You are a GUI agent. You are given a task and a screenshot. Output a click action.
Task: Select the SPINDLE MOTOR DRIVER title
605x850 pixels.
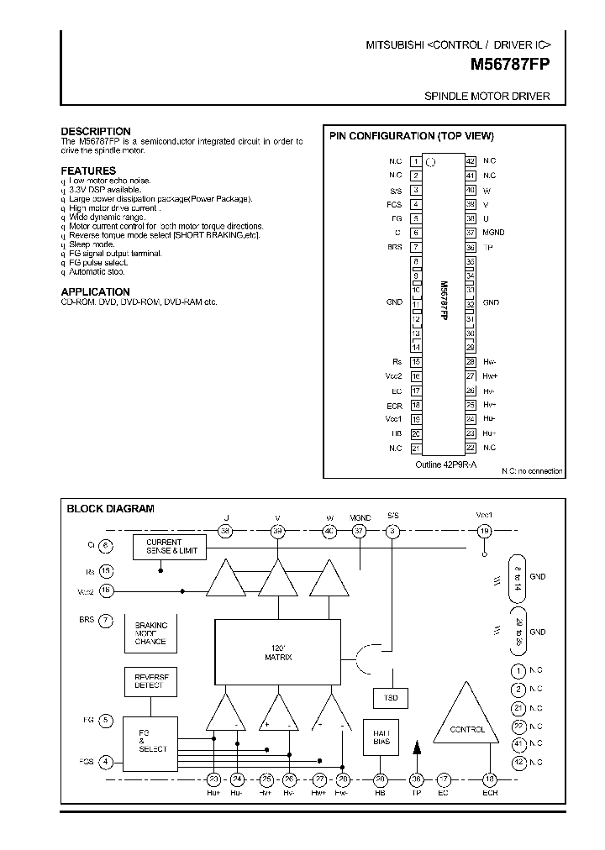pyautogui.click(x=487, y=97)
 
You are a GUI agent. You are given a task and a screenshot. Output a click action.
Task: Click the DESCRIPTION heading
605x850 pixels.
pyautogui.click(x=96, y=131)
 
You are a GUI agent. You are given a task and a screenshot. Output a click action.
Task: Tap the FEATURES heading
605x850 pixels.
pyautogui.click(x=88, y=171)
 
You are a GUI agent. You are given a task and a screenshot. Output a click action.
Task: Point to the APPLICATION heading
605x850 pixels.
pyautogui.click(x=95, y=292)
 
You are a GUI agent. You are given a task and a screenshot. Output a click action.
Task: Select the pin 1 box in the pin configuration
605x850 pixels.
pyautogui.click(x=415, y=161)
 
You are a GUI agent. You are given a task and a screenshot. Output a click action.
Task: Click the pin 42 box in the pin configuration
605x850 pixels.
pyautogui.click(x=471, y=161)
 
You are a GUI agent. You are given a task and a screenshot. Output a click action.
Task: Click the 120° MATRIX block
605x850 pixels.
pyautogui.click(x=278, y=652)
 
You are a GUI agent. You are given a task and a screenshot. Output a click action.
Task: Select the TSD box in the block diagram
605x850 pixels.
pyautogui.click(x=390, y=698)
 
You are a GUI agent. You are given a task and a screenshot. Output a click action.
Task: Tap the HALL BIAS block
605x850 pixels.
pyautogui.click(x=380, y=737)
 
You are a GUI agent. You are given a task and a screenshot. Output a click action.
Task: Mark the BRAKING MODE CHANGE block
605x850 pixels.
pyautogui.click(x=150, y=633)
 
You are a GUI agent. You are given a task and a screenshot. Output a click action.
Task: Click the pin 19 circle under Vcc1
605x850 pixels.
pyautogui.click(x=483, y=531)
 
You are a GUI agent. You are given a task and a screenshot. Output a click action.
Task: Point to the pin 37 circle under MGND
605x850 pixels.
pyautogui.click(x=360, y=531)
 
